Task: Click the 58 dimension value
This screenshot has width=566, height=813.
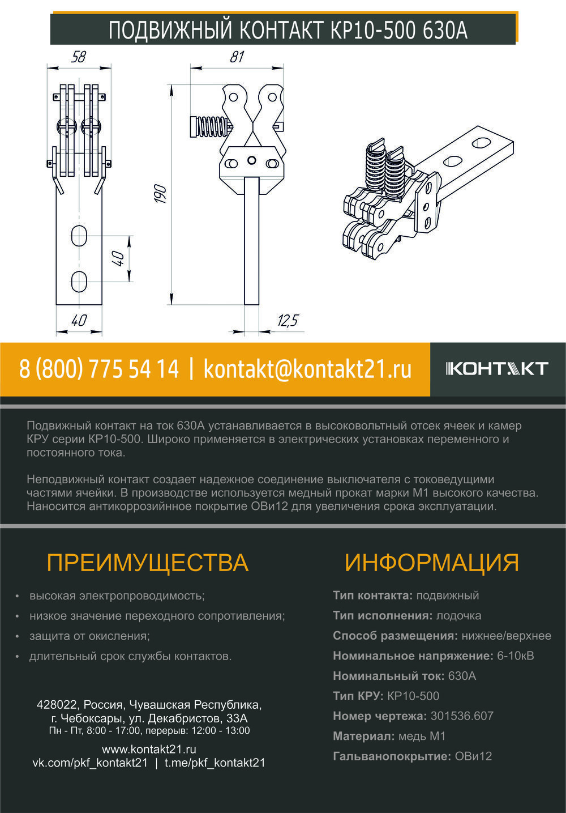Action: (79, 57)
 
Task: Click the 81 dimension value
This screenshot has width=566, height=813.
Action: (237, 57)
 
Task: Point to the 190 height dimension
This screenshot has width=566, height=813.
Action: (160, 194)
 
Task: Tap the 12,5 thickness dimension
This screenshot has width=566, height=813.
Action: (288, 321)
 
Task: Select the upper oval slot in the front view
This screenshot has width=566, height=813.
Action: (79, 236)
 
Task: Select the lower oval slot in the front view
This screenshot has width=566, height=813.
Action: (79, 282)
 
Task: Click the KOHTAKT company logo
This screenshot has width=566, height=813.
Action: (497, 369)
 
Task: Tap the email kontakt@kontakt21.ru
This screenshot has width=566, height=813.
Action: (307, 369)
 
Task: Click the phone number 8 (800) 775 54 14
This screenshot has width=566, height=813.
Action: (99, 369)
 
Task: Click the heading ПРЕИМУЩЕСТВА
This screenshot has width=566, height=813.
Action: (148, 563)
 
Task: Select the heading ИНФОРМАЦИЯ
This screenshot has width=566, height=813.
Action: (431, 563)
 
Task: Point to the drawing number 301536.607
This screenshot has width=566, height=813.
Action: (462, 716)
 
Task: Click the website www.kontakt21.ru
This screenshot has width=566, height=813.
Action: (149, 749)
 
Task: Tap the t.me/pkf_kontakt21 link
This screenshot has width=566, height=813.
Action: (215, 763)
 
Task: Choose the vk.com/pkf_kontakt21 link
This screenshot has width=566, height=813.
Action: (91, 763)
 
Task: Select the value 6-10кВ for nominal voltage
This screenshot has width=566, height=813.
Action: (515, 655)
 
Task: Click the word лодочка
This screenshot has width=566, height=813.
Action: (458, 615)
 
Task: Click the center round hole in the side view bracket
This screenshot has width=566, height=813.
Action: (251, 160)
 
